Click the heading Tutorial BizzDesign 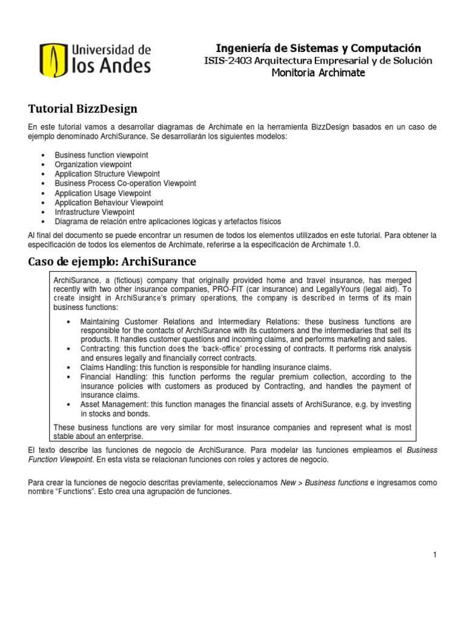pyautogui.click(x=83, y=109)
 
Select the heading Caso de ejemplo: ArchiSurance pyautogui.click(x=113, y=262)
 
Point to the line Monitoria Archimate pyautogui.click(x=318, y=73)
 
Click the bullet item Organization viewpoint pyautogui.click(x=93, y=165)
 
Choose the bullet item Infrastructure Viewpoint pyautogui.click(x=94, y=212)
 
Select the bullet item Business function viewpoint pyautogui.click(x=101, y=156)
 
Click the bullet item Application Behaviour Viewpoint pyautogui.click(x=109, y=203)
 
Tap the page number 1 pyautogui.click(x=435, y=555)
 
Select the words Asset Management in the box pyautogui.click(x=113, y=404)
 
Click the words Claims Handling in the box pyautogui.click(x=106, y=368)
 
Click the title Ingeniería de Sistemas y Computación pyautogui.click(x=318, y=48)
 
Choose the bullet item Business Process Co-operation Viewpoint pyautogui.click(x=125, y=183)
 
